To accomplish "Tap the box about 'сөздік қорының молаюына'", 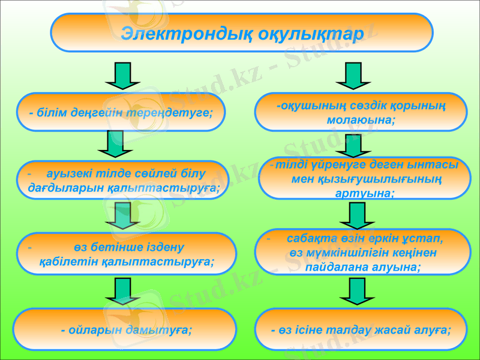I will click(x=361, y=112).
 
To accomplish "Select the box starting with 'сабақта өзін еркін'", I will click(x=363, y=253).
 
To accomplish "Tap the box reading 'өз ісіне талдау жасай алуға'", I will click(x=361, y=329).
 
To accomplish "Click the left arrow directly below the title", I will click(x=122, y=75).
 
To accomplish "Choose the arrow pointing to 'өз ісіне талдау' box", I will click(x=356, y=292).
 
